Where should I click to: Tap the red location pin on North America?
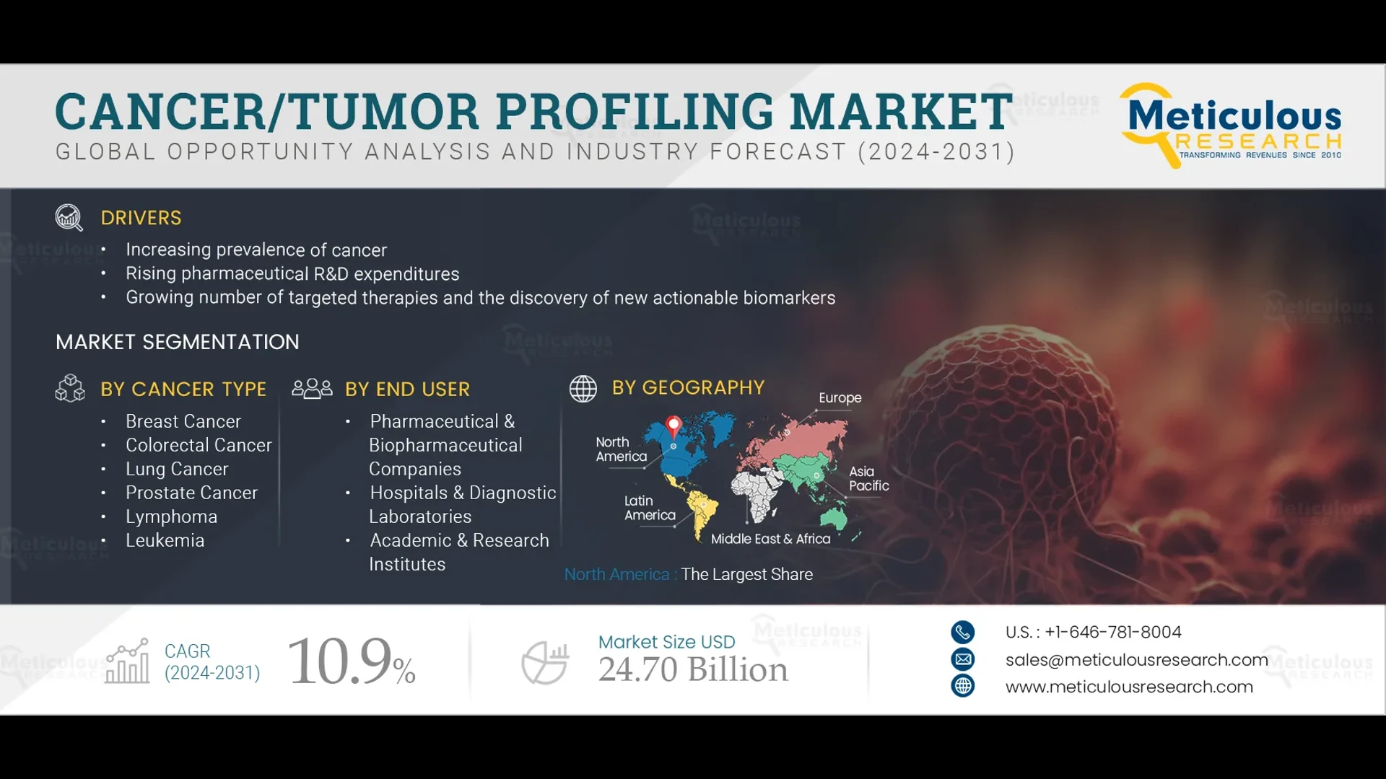point(674,425)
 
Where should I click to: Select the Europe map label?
point(840,398)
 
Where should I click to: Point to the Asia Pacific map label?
point(868,478)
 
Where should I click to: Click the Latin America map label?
point(650,508)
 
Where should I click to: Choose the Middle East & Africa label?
point(770,539)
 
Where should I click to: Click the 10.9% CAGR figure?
point(352,661)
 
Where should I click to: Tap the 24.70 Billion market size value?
point(693,669)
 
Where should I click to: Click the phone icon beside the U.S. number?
point(962,633)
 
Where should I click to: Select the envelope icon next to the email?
point(962,659)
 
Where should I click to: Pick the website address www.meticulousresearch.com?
point(1129,687)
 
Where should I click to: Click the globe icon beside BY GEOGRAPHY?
point(583,389)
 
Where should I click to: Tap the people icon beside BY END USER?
point(312,389)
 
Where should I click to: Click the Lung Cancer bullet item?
point(177,469)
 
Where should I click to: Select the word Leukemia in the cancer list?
point(165,540)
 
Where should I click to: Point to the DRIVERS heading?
point(141,218)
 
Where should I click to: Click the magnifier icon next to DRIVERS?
point(69,217)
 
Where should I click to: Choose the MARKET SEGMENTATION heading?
point(178,342)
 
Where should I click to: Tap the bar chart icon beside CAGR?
point(128,661)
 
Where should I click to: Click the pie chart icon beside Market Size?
point(545,663)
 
